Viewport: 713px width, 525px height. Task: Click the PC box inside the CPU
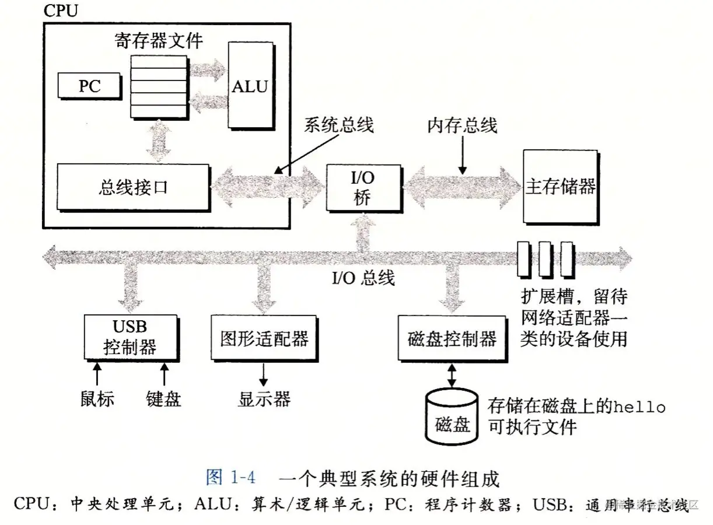pyautogui.click(x=89, y=86)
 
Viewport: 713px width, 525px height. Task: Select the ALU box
pyautogui.click(x=250, y=86)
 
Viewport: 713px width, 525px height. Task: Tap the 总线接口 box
pyautogui.click(x=133, y=187)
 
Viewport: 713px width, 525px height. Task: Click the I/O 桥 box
pyautogui.click(x=363, y=188)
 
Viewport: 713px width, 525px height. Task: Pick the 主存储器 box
pyautogui.click(x=560, y=187)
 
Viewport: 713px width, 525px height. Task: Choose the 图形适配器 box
pyautogui.click(x=264, y=338)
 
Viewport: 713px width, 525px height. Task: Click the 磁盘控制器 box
pyautogui.click(x=452, y=338)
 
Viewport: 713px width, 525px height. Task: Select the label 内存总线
pyautogui.click(x=462, y=125)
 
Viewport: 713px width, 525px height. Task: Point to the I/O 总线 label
pyautogui.click(x=363, y=277)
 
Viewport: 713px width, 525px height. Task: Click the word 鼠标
pyautogui.click(x=97, y=399)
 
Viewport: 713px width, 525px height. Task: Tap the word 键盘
pyautogui.click(x=163, y=399)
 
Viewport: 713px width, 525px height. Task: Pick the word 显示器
pyautogui.click(x=264, y=399)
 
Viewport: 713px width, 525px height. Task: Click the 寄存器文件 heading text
pyautogui.click(x=159, y=41)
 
